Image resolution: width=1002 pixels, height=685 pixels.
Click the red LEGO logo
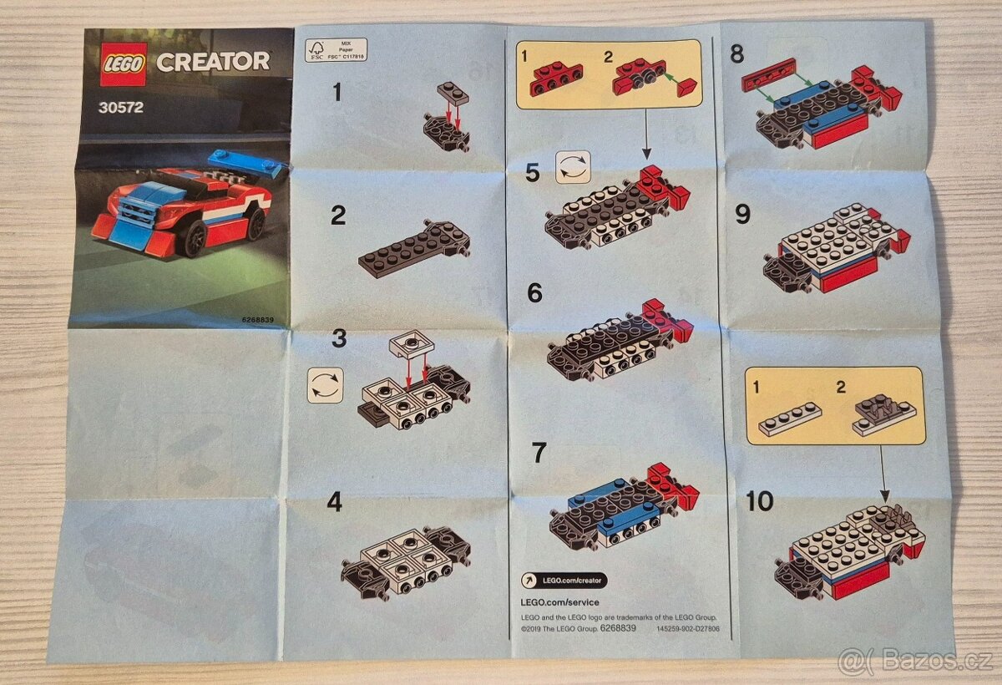click(124, 64)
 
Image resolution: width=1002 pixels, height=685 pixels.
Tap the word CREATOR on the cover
click(213, 61)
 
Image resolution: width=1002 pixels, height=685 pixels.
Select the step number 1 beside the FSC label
click(337, 92)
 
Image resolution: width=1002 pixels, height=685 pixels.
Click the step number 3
click(338, 338)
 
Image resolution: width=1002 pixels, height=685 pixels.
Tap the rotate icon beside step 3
click(325, 385)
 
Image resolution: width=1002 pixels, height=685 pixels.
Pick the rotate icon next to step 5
click(573, 166)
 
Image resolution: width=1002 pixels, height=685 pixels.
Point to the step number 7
click(539, 453)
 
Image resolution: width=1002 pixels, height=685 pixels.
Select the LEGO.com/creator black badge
click(564, 581)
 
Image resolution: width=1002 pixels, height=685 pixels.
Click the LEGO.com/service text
click(559, 602)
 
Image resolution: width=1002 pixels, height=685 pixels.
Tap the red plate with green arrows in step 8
click(769, 80)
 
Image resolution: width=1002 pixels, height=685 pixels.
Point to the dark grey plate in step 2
click(413, 250)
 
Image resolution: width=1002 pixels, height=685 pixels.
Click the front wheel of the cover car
click(195, 239)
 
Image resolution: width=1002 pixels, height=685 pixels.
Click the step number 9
click(742, 215)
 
